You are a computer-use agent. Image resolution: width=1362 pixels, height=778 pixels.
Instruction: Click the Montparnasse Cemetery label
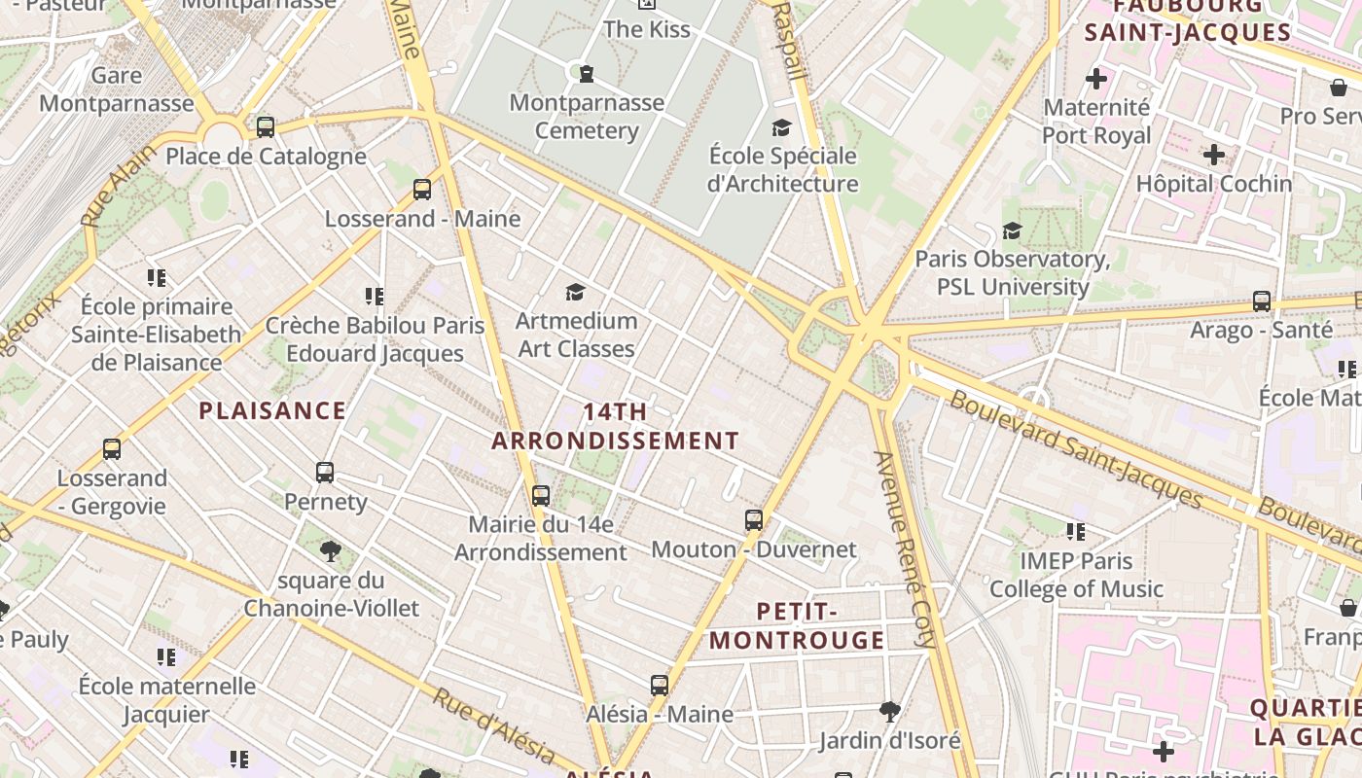[x=587, y=117]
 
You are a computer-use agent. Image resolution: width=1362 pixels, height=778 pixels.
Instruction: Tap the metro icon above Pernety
[x=325, y=473]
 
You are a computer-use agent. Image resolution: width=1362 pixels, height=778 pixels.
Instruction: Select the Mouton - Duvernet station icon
[x=754, y=520]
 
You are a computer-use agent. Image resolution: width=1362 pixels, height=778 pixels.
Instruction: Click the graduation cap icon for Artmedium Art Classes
[x=575, y=292]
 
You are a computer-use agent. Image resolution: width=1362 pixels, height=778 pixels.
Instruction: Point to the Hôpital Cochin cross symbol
[x=1213, y=155]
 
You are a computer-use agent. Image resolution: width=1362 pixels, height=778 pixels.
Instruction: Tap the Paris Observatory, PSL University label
[x=1012, y=273]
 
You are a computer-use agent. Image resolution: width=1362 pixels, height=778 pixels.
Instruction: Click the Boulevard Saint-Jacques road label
[x=1077, y=448]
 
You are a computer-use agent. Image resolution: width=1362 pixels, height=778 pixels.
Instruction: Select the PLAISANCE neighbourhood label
[x=272, y=410]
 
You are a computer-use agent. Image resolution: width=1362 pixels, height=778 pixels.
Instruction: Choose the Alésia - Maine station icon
[x=660, y=686]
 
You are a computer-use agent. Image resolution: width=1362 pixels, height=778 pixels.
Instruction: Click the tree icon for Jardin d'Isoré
[x=889, y=711]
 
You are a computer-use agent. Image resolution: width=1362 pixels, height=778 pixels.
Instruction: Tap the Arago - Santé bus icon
[x=1262, y=301]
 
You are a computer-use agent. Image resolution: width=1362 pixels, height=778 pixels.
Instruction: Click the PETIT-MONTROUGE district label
[x=798, y=625]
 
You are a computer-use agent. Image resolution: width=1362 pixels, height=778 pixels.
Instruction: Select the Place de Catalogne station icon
[x=266, y=127]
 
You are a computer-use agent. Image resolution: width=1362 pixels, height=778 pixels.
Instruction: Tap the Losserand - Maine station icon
[x=422, y=190]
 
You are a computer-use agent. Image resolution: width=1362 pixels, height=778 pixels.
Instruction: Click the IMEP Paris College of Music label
[x=1076, y=575]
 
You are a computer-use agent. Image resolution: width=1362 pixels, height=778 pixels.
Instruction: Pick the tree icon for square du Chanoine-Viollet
[x=331, y=552]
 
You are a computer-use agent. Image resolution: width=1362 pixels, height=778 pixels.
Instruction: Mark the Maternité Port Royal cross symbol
[x=1096, y=79]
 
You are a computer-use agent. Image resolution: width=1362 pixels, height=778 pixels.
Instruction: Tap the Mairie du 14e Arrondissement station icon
[x=541, y=496]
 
